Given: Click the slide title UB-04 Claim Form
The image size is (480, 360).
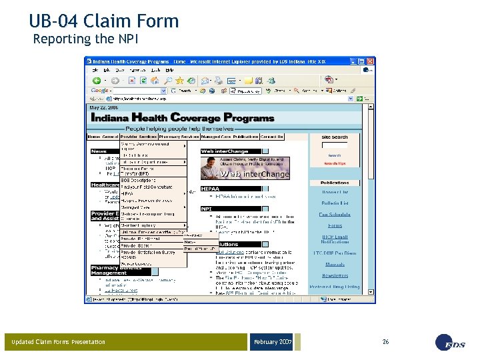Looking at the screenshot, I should (104, 21).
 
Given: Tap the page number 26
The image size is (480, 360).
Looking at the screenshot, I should (385, 341).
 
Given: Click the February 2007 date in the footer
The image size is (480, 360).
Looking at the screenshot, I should (272, 342).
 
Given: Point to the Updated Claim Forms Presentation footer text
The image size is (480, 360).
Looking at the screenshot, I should (58, 342).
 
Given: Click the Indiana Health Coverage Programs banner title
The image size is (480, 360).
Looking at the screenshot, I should (182, 117).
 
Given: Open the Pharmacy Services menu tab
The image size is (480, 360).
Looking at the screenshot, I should (180, 137).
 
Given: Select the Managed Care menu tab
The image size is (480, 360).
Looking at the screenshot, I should (215, 137).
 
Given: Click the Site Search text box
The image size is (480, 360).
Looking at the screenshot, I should (334, 145).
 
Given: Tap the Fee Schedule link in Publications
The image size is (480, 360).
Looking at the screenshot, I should (335, 215).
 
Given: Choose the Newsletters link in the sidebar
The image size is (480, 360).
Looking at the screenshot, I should (335, 275).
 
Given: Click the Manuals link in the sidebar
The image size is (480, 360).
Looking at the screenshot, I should (335, 264).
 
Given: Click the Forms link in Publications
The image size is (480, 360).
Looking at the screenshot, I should (335, 225).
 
